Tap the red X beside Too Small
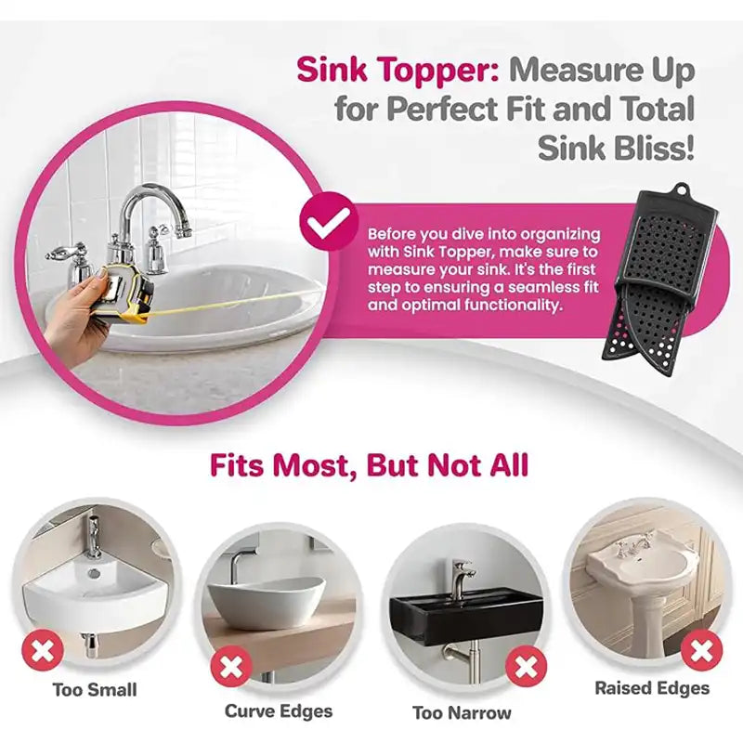(43, 651)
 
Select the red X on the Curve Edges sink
(231, 667)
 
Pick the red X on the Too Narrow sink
(526, 667)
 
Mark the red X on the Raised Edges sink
(702, 651)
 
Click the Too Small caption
(95, 689)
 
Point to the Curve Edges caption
(279, 710)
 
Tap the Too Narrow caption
(462, 712)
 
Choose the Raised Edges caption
(652, 687)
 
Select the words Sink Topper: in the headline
(398, 70)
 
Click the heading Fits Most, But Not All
(369, 465)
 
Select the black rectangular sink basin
(466, 614)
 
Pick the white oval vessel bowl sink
(267, 603)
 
